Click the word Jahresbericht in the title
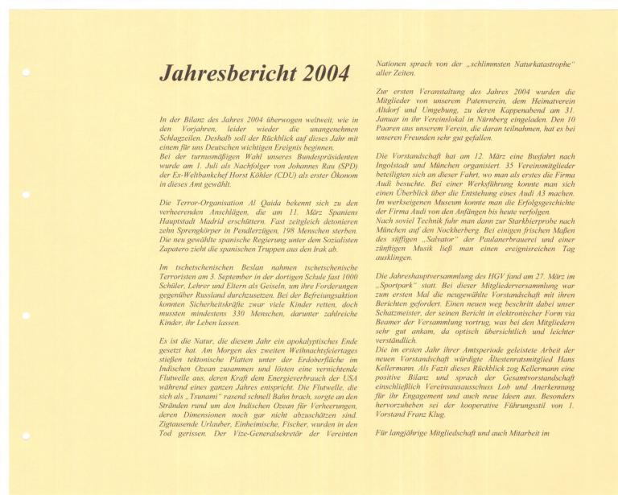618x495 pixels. tap(229, 74)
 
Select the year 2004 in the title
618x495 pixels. tap(325, 74)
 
